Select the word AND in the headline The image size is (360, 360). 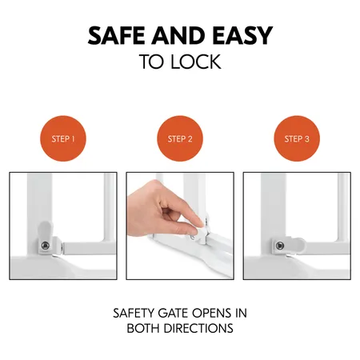[x=180, y=36]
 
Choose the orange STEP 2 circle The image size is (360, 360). [x=180, y=138]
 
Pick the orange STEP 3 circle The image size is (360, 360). [x=297, y=138]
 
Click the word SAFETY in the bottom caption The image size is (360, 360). [x=134, y=312]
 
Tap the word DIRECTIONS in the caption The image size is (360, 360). [x=198, y=328]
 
